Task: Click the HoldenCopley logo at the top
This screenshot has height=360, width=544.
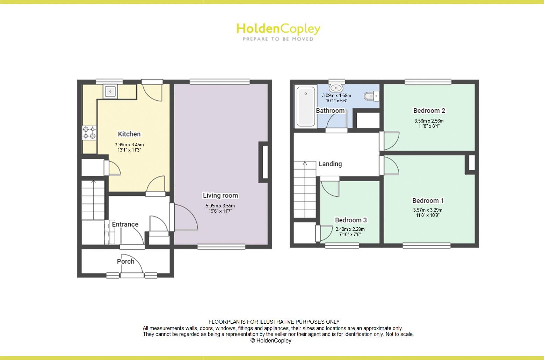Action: pos(278,29)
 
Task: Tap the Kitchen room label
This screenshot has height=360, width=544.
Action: pos(129,134)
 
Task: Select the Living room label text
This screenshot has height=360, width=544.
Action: pos(220,196)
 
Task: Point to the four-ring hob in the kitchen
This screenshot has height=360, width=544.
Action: pos(89,133)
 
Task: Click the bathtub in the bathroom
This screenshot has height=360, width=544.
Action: pos(306,106)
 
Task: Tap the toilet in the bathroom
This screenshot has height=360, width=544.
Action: pos(370,95)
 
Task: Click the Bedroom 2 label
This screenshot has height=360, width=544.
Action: pos(429,111)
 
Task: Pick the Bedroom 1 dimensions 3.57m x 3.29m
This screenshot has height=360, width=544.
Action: pos(428,210)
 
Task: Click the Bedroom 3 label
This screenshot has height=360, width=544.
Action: pos(351,220)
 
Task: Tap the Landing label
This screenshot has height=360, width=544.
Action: pos(330,164)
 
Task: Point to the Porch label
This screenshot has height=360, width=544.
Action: pos(126,261)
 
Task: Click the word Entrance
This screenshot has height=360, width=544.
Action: pos(125,224)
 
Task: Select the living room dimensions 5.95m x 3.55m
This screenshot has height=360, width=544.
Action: pos(220,206)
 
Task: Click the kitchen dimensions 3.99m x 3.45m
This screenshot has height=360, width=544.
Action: pos(129,145)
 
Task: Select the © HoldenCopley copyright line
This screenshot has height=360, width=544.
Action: pos(271,341)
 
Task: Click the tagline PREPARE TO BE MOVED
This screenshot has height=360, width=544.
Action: pos(278,39)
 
